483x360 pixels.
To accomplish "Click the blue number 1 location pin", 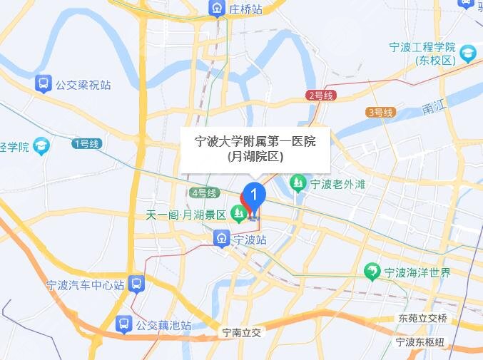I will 254,195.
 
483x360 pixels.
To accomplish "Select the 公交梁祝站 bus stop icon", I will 44,84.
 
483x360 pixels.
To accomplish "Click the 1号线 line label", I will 87,143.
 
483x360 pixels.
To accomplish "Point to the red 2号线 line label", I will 321,96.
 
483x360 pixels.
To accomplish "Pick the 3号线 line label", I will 380,113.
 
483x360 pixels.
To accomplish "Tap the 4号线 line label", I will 204,192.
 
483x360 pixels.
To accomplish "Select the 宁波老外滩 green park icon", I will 298,183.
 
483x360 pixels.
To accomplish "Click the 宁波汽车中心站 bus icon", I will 137,284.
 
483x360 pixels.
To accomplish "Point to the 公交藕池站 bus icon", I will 124,324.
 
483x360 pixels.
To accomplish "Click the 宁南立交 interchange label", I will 242,332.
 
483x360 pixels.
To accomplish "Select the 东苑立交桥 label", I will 423,318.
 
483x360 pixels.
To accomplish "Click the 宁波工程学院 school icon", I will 467,53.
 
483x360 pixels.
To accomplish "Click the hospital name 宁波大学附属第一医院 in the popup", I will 255,141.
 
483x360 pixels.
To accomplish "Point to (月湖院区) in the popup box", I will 255,158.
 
